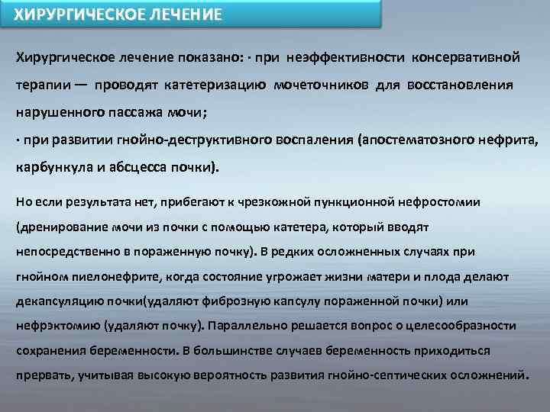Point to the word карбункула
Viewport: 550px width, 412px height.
(x=49, y=168)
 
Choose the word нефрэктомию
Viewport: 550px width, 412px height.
(x=50, y=326)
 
